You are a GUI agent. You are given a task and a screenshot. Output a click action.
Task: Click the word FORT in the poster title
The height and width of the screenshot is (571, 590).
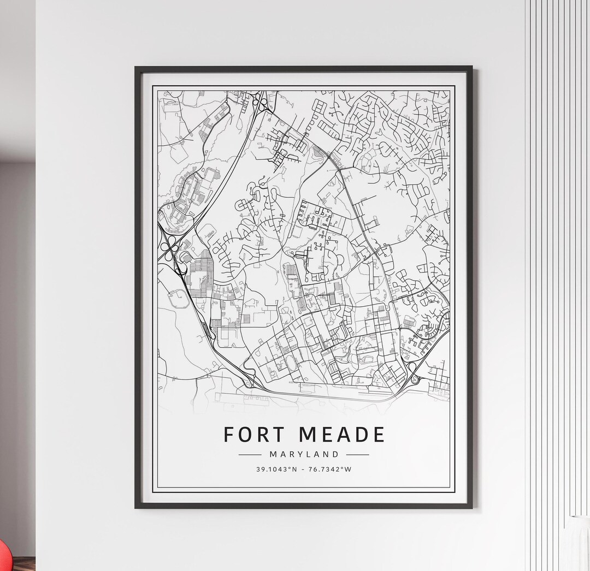pos(254,435)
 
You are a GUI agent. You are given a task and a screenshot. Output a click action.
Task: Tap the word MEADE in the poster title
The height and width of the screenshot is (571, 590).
pos(342,435)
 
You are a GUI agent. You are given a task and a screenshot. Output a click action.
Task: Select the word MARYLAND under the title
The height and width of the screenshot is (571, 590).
pos(304,454)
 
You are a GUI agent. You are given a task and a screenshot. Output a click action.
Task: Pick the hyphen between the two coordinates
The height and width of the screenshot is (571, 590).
pos(304,469)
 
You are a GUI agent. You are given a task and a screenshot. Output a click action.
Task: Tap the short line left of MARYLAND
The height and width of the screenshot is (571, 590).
pos(250,454)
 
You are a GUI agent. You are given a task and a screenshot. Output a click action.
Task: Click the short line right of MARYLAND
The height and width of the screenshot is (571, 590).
pos(358,454)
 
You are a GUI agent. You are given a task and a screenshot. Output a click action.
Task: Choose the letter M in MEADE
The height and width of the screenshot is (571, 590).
pos(309,435)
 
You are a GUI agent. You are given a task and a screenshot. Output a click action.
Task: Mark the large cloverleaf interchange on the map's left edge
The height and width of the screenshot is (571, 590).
pos(169,249)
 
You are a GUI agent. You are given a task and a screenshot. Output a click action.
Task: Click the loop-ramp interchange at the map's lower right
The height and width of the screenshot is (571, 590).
pos(412,369)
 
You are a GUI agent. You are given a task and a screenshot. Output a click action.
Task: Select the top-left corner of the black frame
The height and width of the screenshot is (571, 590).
pos(136,68)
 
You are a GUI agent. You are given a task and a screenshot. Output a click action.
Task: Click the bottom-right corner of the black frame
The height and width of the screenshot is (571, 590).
pos(471,507)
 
